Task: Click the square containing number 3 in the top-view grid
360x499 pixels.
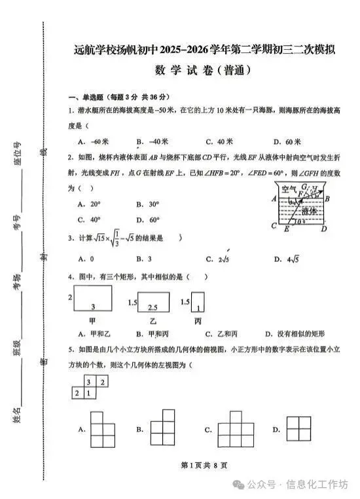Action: [x=90, y=382]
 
